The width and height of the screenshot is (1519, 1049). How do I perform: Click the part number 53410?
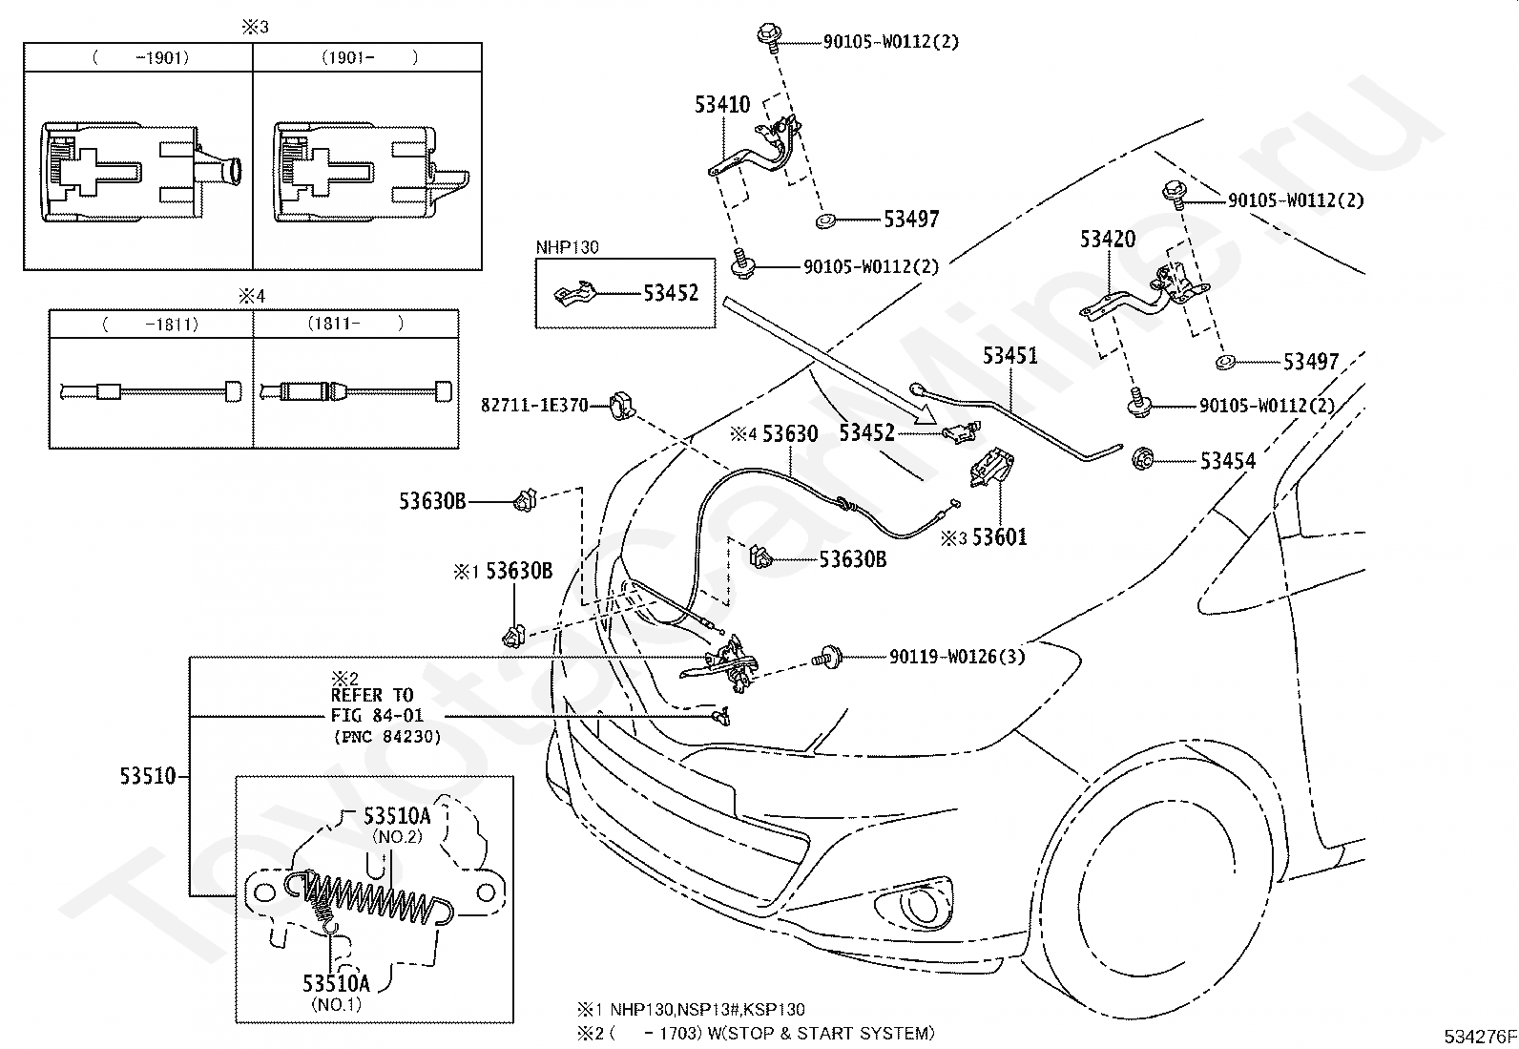tap(722, 104)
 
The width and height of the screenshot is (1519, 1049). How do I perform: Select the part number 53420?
tap(1108, 239)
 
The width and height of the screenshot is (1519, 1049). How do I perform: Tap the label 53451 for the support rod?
tap(1010, 355)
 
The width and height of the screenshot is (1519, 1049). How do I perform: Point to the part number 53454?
tap(1228, 461)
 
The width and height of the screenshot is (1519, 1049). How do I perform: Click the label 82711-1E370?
tap(534, 405)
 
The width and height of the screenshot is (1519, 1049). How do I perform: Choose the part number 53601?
tap(1000, 537)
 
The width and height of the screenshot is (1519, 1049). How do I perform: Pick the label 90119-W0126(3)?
tap(957, 656)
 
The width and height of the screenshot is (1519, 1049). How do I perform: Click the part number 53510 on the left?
tap(148, 776)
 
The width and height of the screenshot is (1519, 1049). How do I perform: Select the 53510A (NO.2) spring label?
tap(397, 825)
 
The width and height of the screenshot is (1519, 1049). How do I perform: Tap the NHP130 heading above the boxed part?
tap(568, 247)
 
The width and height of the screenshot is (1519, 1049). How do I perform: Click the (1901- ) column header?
tap(369, 57)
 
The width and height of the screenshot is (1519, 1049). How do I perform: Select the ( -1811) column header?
tap(151, 325)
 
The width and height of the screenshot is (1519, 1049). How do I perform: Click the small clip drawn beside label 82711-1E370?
tap(622, 405)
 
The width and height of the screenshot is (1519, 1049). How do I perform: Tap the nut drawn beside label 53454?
tap(1143, 460)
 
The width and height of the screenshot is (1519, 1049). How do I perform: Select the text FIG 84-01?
tap(377, 715)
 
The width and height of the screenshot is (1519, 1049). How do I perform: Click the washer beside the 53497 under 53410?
tap(824, 220)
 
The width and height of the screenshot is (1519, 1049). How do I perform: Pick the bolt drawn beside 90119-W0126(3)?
tap(827, 657)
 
